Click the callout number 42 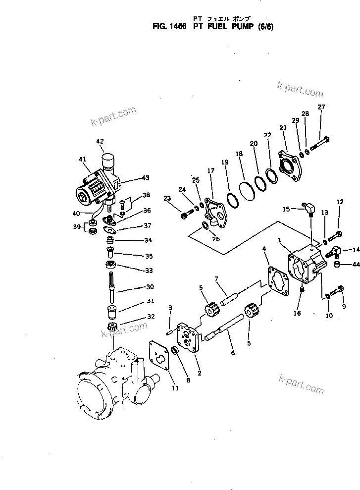[x=100, y=141]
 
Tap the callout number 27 [x=321, y=108]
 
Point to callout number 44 [x=355, y=265]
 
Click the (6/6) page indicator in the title [x=264, y=28]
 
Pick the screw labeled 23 [x=185, y=214]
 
